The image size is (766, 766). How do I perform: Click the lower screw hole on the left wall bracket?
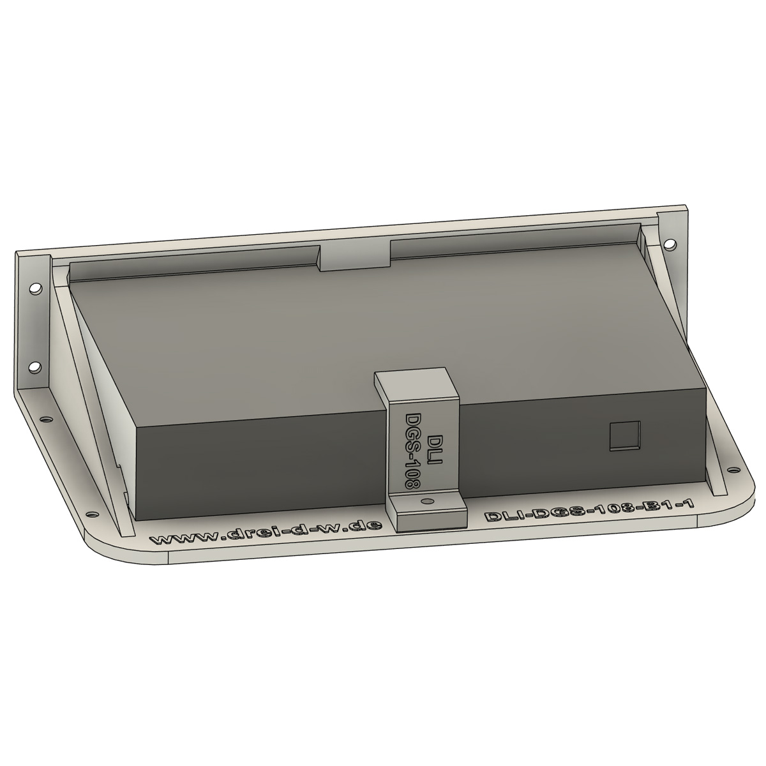35,367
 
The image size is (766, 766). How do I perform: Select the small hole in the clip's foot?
428,500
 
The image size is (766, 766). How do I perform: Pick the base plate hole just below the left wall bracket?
46,419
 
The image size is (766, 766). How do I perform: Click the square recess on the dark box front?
626,437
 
